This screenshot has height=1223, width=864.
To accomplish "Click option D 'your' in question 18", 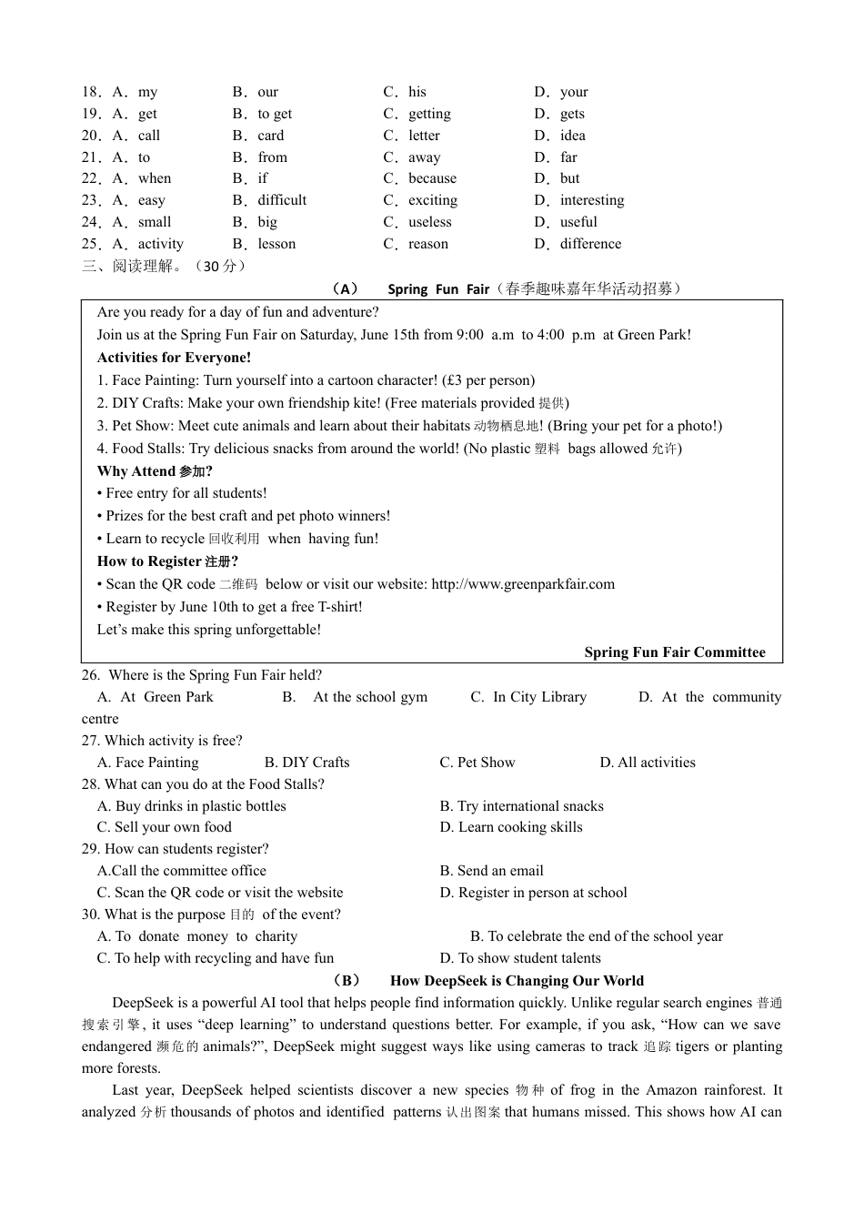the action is (x=573, y=92).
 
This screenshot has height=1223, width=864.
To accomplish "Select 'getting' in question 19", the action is (x=429, y=114).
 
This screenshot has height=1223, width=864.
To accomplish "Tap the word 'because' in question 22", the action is (x=432, y=178).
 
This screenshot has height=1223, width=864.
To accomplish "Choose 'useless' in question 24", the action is (x=429, y=222).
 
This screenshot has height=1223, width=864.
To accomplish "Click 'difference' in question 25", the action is (x=590, y=244).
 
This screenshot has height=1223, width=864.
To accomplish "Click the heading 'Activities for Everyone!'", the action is (x=174, y=358).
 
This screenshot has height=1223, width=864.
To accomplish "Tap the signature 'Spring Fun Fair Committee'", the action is (x=674, y=652).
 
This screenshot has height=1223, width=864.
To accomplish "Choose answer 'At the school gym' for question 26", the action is (x=369, y=697).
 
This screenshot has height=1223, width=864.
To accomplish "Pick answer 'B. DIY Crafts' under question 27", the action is (x=306, y=763).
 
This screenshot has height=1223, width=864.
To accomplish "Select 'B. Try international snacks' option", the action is (x=521, y=806).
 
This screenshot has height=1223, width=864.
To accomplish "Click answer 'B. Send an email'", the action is (x=491, y=871).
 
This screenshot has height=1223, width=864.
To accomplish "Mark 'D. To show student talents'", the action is (x=520, y=958).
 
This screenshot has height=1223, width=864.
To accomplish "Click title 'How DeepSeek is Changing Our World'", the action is (x=517, y=981).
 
